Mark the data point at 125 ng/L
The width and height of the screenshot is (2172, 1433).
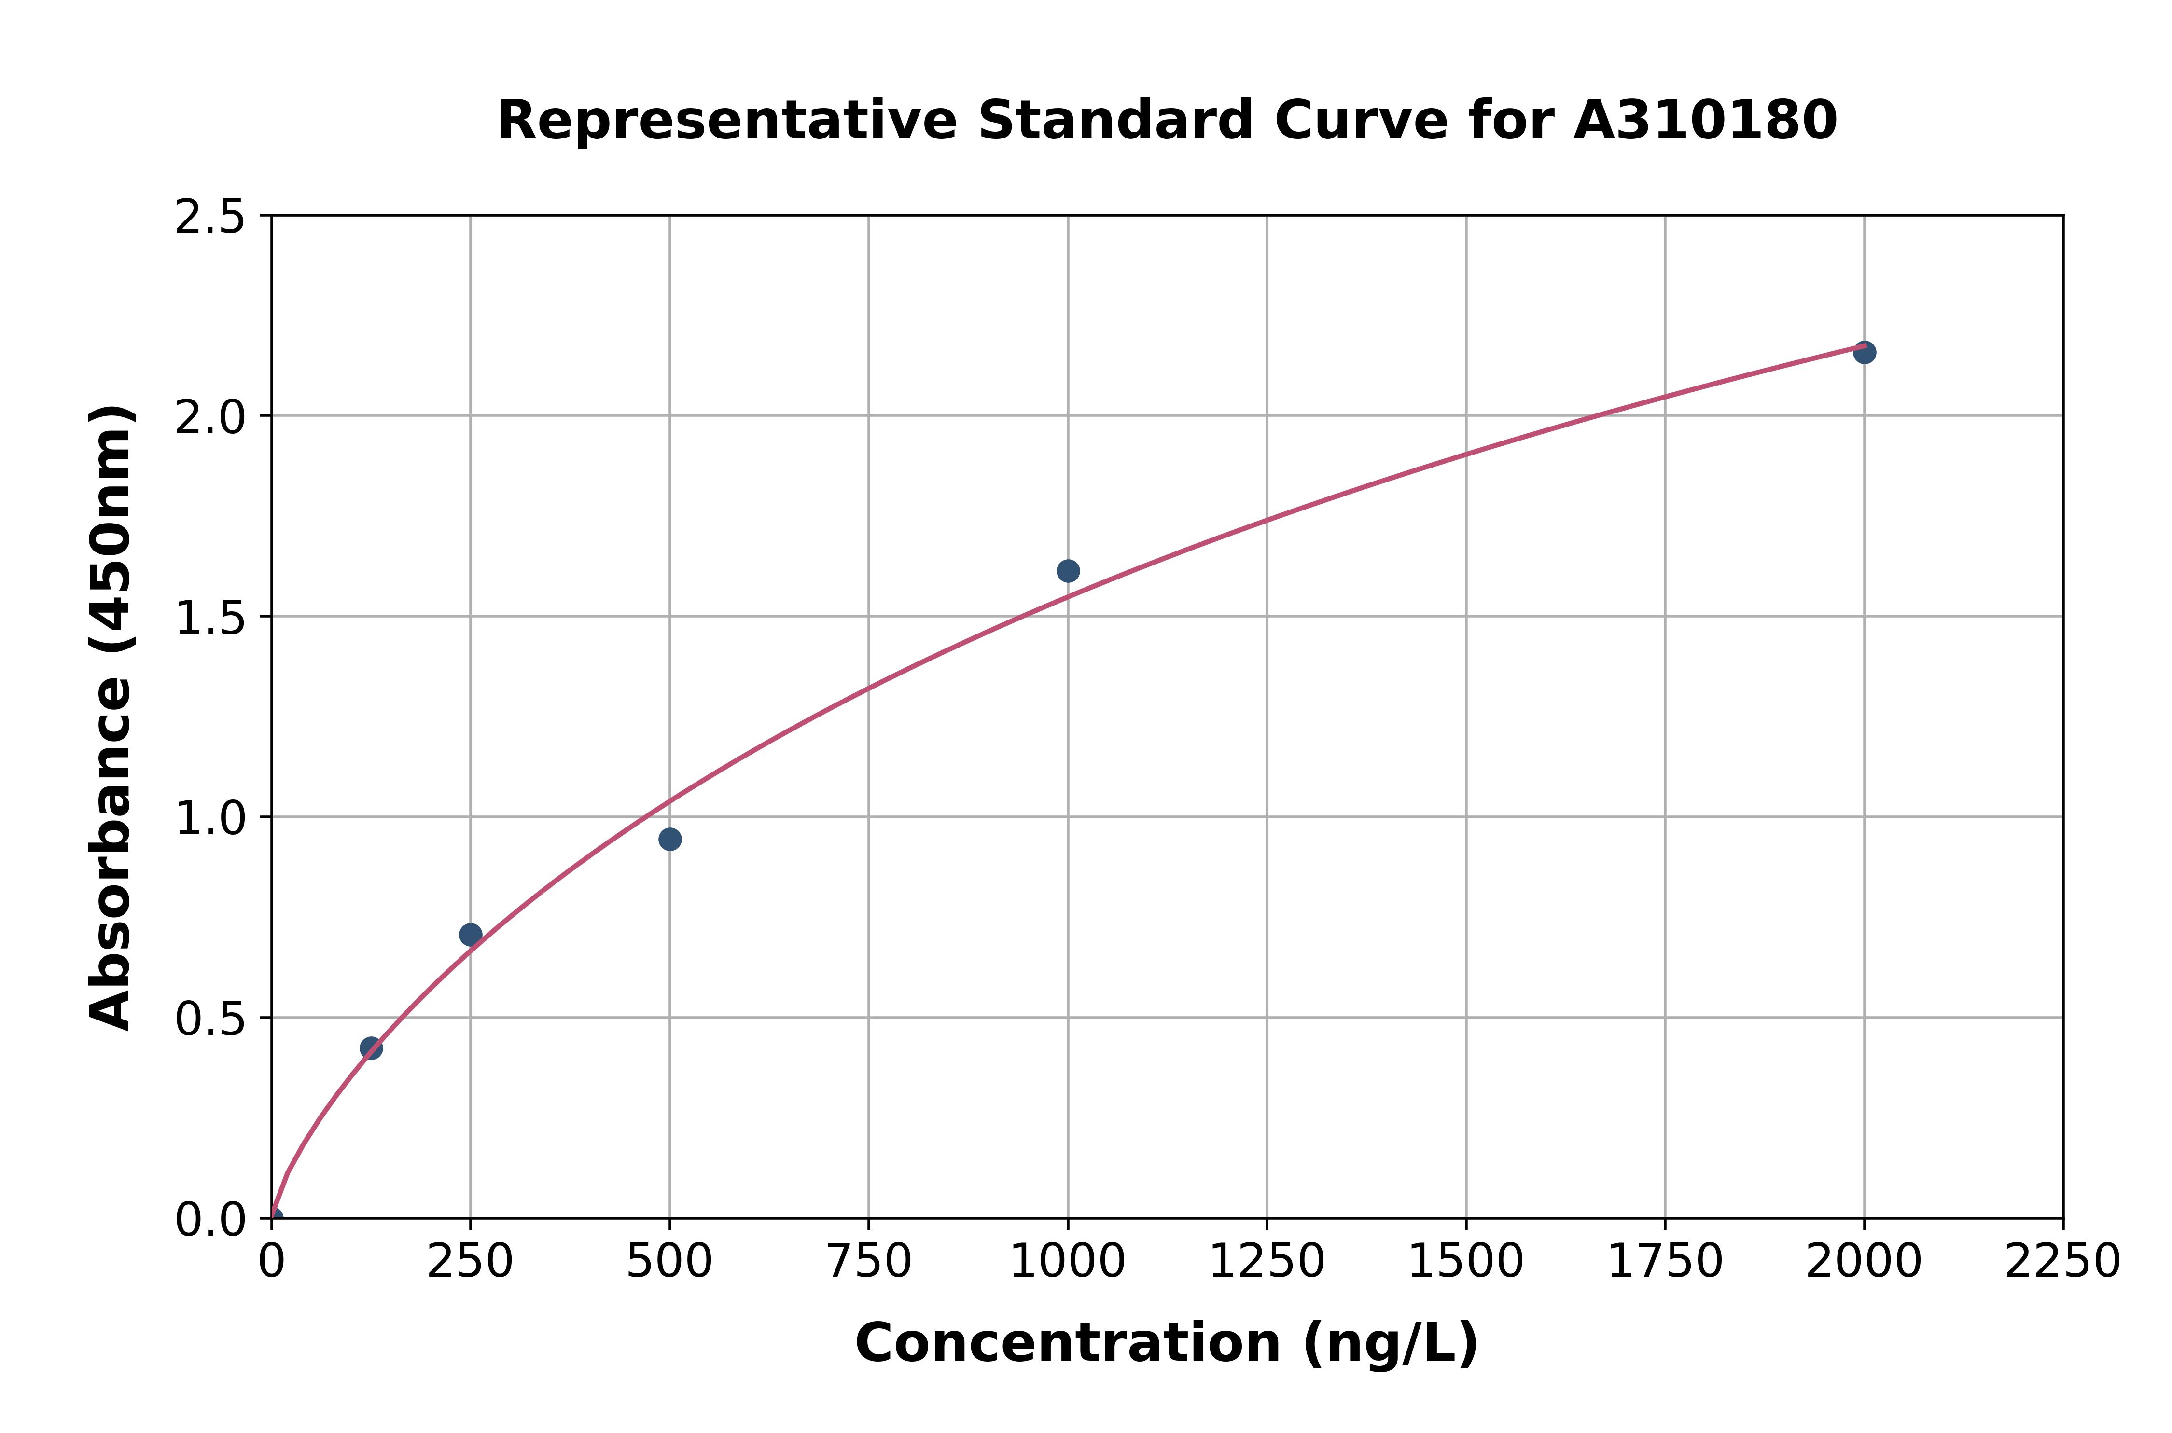[x=371, y=1048]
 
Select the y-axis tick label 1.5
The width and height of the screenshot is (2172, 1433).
[x=210, y=618]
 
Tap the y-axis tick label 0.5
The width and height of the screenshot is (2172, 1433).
[x=210, y=1018]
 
